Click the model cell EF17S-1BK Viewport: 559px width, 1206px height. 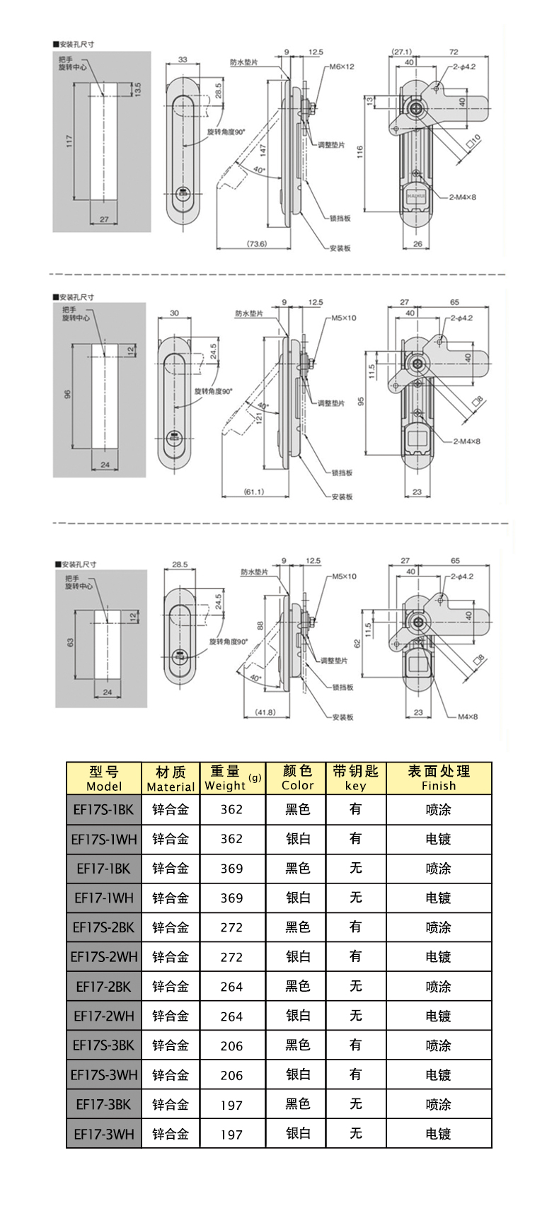pyautogui.click(x=104, y=809)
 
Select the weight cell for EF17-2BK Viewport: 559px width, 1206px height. pyautogui.click(x=231, y=986)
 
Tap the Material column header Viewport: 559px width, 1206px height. pyautogui.click(x=171, y=778)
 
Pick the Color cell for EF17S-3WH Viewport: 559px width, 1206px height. pyautogui.click(x=297, y=1074)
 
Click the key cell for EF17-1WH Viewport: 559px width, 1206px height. pyautogui.click(x=355, y=898)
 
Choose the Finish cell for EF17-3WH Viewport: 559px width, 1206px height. pyautogui.click(x=438, y=1134)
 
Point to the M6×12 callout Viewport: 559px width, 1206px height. pyautogui.click(x=341, y=66)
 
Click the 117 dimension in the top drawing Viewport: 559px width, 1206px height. pyautogui.click(x=69, y=141)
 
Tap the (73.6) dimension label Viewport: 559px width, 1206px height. pyautogui.click(x=256, y=244)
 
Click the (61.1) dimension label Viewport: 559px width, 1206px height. pyautogui.click(x=253, y=491)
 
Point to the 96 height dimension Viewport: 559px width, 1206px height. pyautogui.click(x=68, y=395)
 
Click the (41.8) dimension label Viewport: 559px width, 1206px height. pyautogui.click(x=265, y=712)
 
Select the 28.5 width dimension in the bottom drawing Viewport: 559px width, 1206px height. pyautogui.click(x=180, y=564)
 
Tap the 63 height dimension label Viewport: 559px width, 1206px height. pyautogui.click(x=70, y=642)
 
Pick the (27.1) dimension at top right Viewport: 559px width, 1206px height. pyautogui.click(x=402, y=52)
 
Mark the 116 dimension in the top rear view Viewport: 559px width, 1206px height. pyautogui.click(x=360, y=151)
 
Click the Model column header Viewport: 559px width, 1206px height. pyautogui.click(x=104, y=778)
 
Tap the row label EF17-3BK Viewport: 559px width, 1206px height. pyautogui.click(x=104, y=1104)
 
